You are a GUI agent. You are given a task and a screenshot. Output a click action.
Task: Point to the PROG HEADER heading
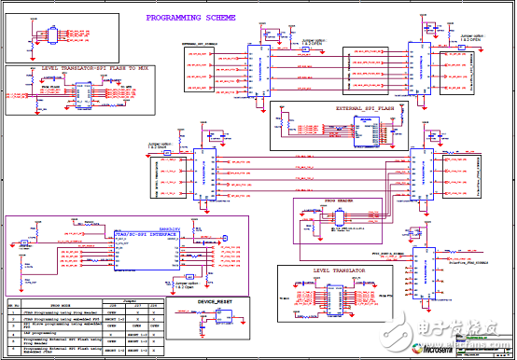coord(343,201)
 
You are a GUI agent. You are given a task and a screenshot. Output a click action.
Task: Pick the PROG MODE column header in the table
coord(63,305)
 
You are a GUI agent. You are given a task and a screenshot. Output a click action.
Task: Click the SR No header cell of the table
coord(13,305)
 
